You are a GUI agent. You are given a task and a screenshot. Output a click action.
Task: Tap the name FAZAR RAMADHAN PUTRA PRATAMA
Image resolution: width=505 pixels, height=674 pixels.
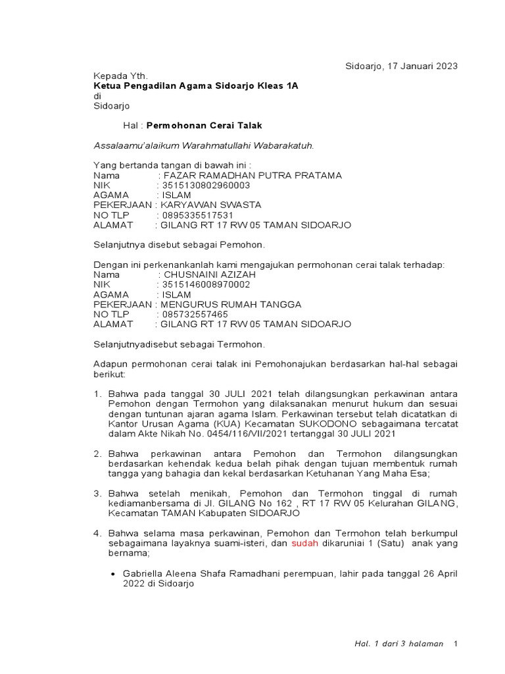(x=252, y=175)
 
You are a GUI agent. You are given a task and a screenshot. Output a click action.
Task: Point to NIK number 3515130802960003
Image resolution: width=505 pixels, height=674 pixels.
(x=206, y=186)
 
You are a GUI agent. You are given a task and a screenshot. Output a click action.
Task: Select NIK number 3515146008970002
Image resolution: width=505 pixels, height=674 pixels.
(x=206, y=284)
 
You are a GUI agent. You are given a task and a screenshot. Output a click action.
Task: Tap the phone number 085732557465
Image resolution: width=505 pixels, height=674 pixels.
(x=195, y=314)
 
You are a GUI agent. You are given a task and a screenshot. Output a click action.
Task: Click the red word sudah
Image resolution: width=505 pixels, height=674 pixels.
(x=304, y=543)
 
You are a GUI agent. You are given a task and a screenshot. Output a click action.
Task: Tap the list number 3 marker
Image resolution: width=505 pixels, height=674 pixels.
(x=97, y=493)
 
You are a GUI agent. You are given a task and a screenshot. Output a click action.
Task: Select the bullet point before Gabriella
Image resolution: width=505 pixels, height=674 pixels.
(x=113, y=574)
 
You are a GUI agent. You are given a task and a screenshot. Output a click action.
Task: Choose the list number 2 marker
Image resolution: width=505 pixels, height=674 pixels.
(x=97, y=454)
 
